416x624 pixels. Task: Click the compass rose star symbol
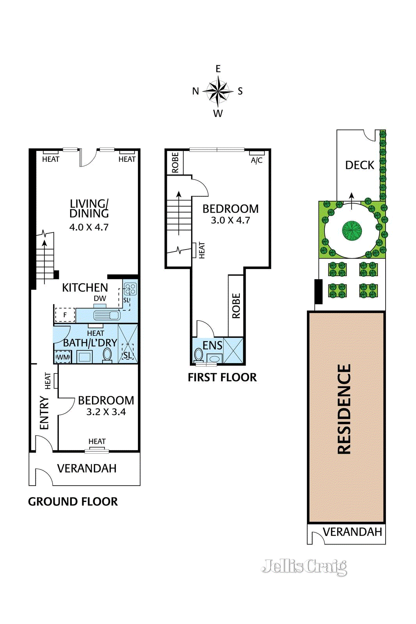(218, 91)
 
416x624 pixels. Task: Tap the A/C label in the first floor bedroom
(257, 160)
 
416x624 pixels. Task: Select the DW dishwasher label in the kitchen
(100, 298)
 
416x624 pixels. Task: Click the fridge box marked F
(65, 315)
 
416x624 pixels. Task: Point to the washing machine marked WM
(63, 357)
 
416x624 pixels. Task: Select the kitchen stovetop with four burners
(130, 289)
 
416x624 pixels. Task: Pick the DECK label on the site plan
(359, 165)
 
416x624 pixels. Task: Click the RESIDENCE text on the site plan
(344, 409)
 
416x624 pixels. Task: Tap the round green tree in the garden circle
(352, 230)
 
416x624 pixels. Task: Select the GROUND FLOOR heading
(73, 502)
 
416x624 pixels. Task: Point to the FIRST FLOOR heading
(222, 378)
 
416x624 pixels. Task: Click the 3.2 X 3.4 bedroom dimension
(106, 412)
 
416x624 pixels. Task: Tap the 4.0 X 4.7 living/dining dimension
(89, 227)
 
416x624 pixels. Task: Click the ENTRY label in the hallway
(44, 413)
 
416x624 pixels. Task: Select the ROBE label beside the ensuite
(236, 306)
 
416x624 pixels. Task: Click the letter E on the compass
(218, 69)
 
